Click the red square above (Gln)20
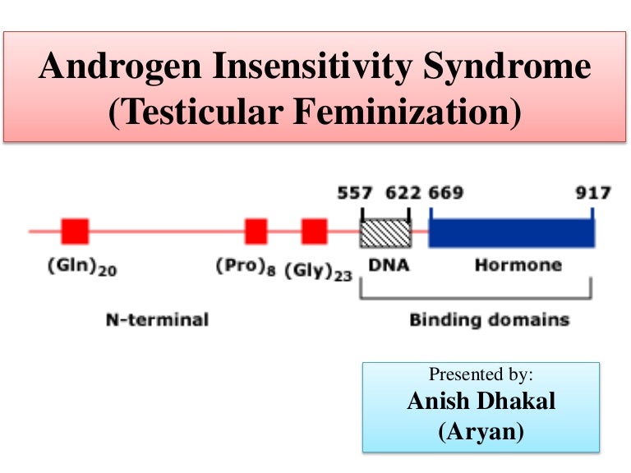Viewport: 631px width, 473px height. click(x=75, y=232)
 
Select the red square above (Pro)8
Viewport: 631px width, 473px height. click(x=256, y=232)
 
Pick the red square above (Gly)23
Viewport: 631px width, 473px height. click(x=314, y=232)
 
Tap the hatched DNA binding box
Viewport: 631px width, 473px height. click(x=385, y=232)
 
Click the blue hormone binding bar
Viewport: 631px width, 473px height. click(x=511, y=232)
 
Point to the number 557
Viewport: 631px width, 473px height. click(x=354, y=194)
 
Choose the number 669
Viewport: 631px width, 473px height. click(x=445, y=194)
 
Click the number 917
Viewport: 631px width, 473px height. click(x=592, y=194)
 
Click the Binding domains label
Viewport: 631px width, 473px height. click(x=489, y=319)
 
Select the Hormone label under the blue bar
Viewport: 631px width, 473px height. click(x=518, y=264)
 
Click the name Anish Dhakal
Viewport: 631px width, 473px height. click(x=481, y=403)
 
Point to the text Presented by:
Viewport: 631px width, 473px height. click(x=481, y=374)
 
